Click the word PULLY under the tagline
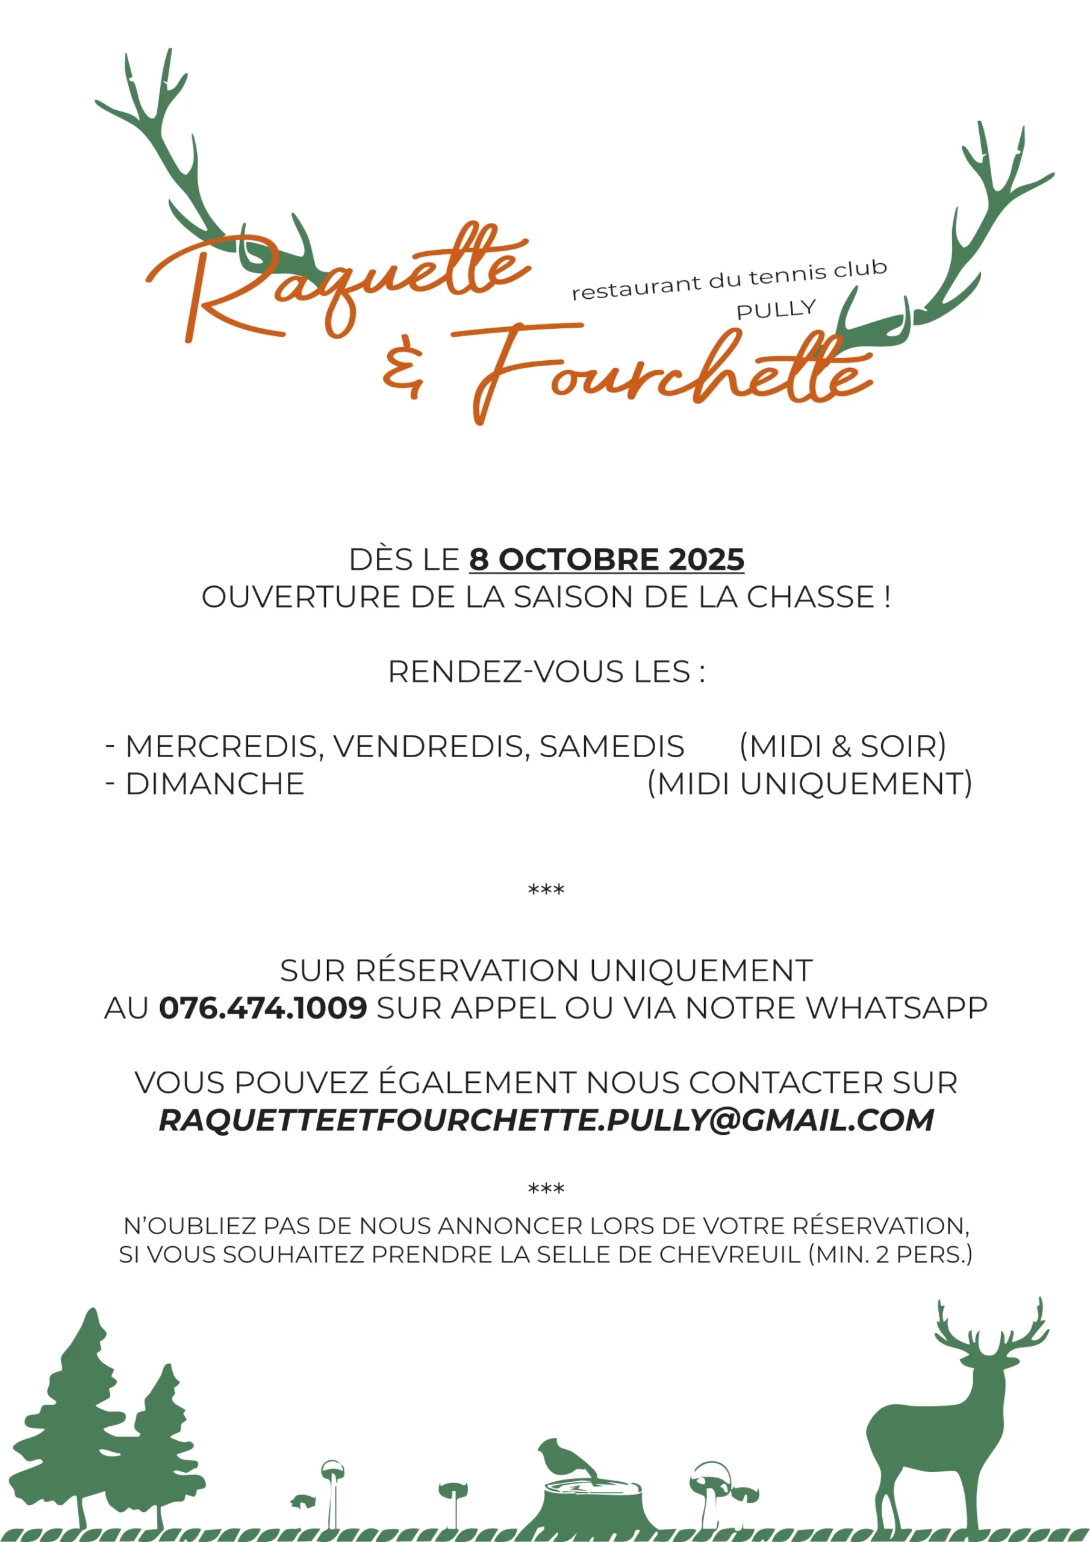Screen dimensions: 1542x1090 pyautogui.click(x=776, y=310)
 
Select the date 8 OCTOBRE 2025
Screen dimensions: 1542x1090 pyautogui.click(x=606, y=560)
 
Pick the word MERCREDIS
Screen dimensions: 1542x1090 pyautogui.click(x=221, y=746)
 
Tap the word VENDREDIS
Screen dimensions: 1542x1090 pyautogui.click(x=431, y=746)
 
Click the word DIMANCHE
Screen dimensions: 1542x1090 pyautogui.click(x=215, y=784)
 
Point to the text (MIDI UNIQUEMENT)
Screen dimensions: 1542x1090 pyautogui.click(x=809, y=784)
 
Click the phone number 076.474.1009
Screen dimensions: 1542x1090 pyautogui.click(x=263, y=1007)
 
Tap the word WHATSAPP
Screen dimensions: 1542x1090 pyautogui.click(x=897, y=1007)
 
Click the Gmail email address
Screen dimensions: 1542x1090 pyautogui.click(x=546, y=1120)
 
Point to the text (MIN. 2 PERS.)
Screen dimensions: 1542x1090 pyautogui.click(x=891, y=1255)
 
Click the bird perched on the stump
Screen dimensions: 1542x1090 pyautogui.click(x=564, y=1458)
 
